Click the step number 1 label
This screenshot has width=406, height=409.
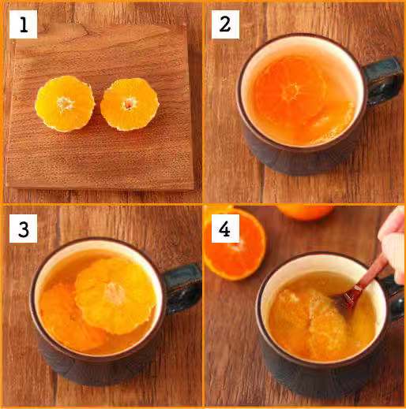point(23,24)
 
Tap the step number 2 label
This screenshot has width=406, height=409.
point(225,24)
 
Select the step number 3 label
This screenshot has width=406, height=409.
point(23,229)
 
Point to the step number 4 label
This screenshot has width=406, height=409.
point(225,229)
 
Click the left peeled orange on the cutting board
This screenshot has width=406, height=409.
point(65,104)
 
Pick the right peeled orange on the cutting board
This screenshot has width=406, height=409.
point(130,104)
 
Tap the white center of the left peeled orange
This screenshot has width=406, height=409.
point(65,104)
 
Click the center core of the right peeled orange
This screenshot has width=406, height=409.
point(129,104)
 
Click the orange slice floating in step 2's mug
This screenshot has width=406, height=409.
point(291,92)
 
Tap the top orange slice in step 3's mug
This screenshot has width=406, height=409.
point(115,296)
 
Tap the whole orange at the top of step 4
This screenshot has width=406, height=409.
point(306,212)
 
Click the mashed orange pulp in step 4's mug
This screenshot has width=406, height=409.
point(310,323)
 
